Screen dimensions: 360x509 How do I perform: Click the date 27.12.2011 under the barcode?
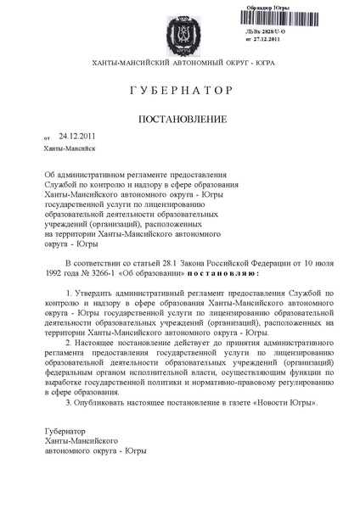(x=272, y=40)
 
